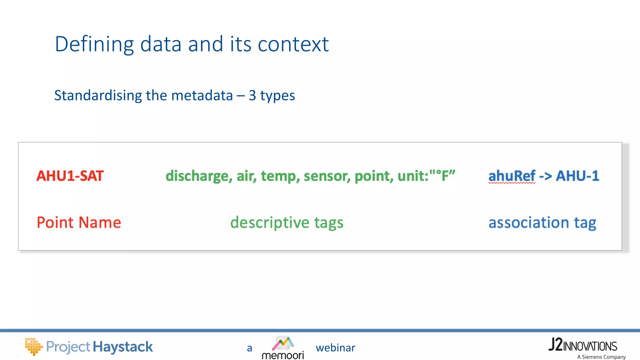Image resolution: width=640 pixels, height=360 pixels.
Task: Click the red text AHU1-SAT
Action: (x=70, y=176)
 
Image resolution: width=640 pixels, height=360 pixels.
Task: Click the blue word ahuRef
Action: (x=512, y=176)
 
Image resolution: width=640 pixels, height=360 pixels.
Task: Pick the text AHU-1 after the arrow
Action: (x=577, y=176)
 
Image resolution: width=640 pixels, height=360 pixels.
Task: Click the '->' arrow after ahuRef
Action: (x=546, y=176)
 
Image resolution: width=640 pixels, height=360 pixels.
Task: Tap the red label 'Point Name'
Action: (x=79, y=222)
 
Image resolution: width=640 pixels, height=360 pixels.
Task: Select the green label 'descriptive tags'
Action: (x=287, y=222)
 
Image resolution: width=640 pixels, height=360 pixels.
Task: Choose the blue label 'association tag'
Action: (x=542, y=222)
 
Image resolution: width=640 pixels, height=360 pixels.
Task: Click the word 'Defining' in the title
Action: (x=94, y=44)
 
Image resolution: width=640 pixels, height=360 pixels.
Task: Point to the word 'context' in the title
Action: (x=293, y=44)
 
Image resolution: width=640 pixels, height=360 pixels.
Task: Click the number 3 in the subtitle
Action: (x=252, y=95)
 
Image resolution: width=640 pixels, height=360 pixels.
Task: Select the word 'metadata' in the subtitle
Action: (x=202, y=95)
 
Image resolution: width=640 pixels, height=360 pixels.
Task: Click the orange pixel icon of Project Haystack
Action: (x=33, y=346)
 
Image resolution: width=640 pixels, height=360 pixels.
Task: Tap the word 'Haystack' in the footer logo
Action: (x=123, y=347)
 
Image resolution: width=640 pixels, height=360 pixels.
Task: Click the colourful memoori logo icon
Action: (x=283, y=343)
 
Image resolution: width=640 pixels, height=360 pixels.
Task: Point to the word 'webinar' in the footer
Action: (x=335, y=348)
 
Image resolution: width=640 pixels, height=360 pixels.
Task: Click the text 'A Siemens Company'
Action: (x=601, y=357)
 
